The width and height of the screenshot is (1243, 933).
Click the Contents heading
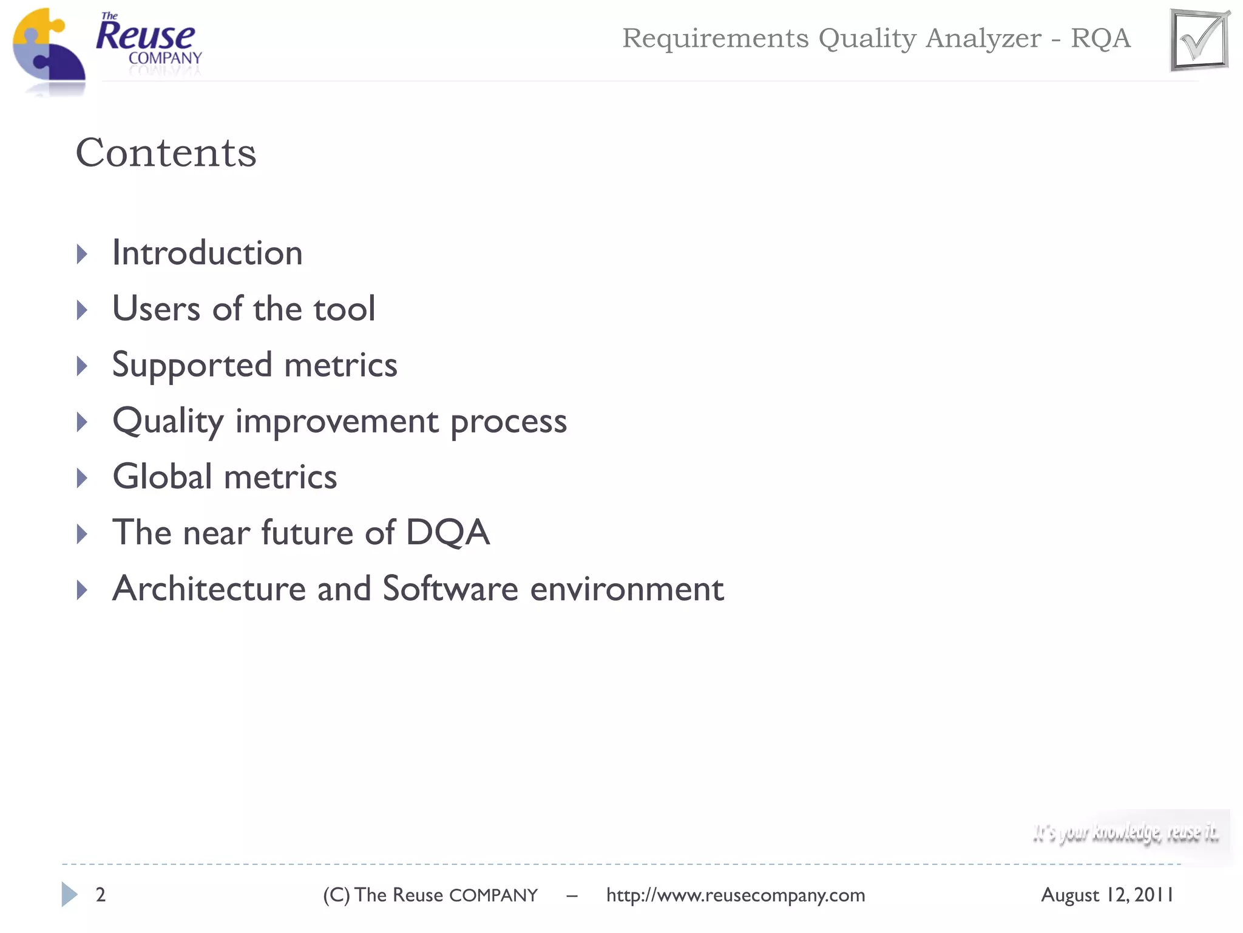pyautogui.click(x=166, y=152)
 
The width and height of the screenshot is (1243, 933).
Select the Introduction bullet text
pyautogui.click(x=207, y=253)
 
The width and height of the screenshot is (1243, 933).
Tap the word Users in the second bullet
pyautogui.click(x=156, y=309)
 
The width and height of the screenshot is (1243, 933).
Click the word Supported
pyautogui.click(x=192, y=366)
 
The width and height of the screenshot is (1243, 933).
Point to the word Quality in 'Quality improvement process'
pyautogui.click(x=168, y=421)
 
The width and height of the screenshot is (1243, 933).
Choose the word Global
pyautogui.click(x=162, y=477)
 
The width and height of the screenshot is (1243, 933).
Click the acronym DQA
pyautogui.click(x=447, y=533)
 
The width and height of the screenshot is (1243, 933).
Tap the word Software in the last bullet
pyautogui.click(x=450, y=589)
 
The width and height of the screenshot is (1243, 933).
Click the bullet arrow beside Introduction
pyautogui.click(x=82, y=254)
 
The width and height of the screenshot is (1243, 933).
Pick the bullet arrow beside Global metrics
pyautogui.click(x=82, y=478)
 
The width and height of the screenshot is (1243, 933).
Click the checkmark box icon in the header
pyautogui.click(x=1199, y=40)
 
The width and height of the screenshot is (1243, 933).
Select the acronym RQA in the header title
pyautogui.click(x=1100, y=38)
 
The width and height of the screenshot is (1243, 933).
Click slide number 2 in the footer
pyautogui.click(x=101, y=895)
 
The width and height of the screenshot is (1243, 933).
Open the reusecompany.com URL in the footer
pyautogui.click(x=736, y=895)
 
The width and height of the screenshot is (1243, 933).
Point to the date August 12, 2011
pyautogui.click(x=1107, y=895)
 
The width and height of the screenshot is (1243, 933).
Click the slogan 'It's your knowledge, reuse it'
pyautogui.click(x=1126, y=833)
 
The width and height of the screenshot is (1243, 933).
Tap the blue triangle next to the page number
pyautogui.click(x=69, y=894)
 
